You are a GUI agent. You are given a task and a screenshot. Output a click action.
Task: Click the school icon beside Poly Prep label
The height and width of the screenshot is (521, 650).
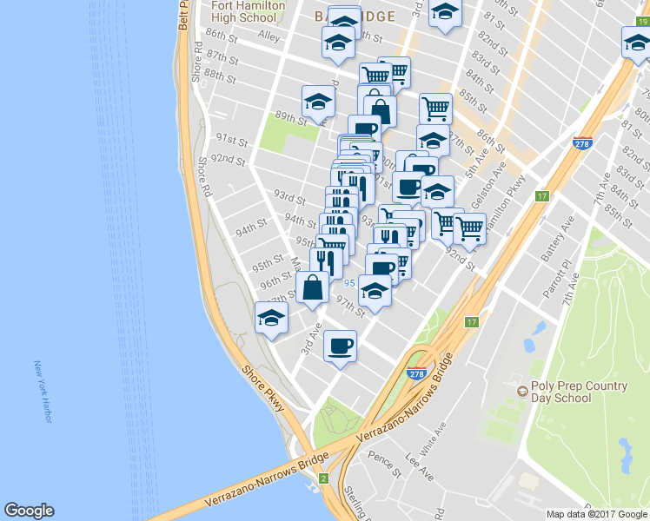click(521, 392)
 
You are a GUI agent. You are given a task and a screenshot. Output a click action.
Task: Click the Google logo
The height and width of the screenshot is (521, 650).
click(29, 511)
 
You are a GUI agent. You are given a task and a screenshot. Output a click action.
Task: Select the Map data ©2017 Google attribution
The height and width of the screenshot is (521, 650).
click(596, 514)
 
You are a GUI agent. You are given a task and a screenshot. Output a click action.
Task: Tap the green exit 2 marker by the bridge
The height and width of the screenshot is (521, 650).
click(322, 478)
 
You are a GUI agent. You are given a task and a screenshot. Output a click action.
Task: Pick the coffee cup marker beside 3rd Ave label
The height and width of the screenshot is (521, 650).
click(340, 346)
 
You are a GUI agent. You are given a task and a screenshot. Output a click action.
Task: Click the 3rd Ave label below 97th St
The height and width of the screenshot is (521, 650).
click(306, 340)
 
